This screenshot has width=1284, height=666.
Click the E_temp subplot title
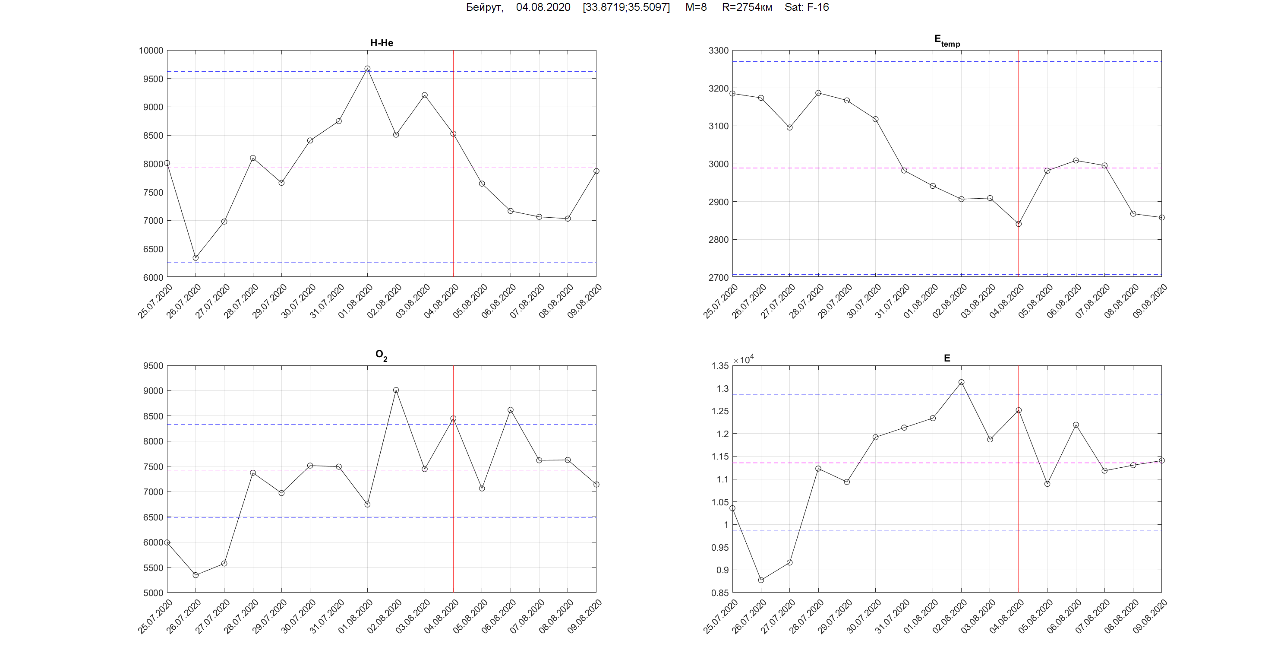pos(946,41)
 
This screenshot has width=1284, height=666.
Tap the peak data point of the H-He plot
pos(367,69)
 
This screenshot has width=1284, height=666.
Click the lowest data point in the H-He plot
pos(196,258)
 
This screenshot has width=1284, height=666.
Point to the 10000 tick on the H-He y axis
pos(151,51)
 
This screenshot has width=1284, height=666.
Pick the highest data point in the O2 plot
pos(396,390)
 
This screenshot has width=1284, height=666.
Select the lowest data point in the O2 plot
pos(196,575)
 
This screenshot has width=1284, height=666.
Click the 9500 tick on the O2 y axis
pos(153,366)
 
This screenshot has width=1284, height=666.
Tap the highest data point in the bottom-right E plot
pos(962,383)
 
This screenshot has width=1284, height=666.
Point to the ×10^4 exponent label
pos(743,360)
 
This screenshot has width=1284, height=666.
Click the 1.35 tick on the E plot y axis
pos(719,366)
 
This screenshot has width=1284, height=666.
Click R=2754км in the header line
pos(747,7)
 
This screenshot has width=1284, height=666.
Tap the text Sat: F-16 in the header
pos(807,7)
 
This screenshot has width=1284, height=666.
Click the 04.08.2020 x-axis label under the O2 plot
pos(442,617)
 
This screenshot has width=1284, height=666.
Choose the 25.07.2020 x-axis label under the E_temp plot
pos(721,301)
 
